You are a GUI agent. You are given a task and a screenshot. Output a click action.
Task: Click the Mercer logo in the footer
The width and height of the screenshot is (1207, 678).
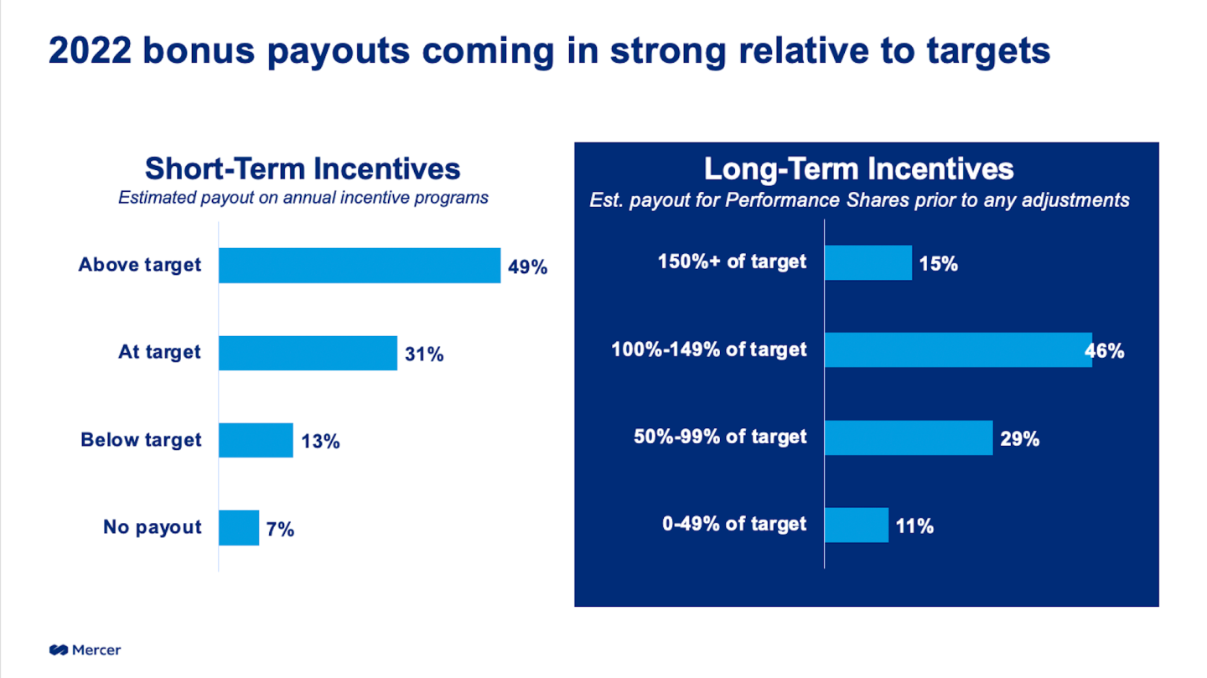pyautogui.click(x=85, y=650)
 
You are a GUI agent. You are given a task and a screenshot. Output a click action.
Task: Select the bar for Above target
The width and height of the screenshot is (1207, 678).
pyautogui.click(x=360, y=266)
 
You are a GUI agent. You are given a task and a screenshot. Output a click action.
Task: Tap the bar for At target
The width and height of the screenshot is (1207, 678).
pyautogui.click(x=308, y=353)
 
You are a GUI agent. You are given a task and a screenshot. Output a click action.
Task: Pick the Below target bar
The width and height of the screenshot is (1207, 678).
pyautogui.click(x=256, y=440)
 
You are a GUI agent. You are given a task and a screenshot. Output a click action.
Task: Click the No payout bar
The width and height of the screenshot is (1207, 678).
pyautogui.click(x=239, y=528)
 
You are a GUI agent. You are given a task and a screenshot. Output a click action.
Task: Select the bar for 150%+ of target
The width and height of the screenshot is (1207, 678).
pyautogui.click(x=868, y=263)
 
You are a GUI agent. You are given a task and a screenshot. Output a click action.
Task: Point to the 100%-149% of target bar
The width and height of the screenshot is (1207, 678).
pyautogui.click(x=957, y=350)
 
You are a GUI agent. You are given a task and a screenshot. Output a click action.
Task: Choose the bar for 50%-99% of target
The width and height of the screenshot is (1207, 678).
pyautogui.click(x=908, y=438)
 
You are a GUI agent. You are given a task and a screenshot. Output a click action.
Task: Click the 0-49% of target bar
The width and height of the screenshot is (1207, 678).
pyautogui.click(x=856, y=525)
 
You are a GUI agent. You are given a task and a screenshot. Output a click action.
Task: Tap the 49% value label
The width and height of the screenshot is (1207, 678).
pyautogui.click(x=527, y=267)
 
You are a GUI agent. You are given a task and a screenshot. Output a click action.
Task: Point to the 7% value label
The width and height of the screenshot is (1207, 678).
pyautogui.click(x=281, y=529)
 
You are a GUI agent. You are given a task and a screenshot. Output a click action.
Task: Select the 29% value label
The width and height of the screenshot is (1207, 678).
pyautogui.click(x=1019, y=439)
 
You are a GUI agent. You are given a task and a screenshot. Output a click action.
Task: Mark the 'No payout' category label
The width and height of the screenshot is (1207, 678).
pyautogui.click(x=153, y=527)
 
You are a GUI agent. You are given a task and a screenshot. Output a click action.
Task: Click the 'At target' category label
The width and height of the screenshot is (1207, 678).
pyautogui.click(x=159, y=352)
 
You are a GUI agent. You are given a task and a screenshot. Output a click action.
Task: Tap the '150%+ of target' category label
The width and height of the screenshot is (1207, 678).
pyautogui.click(x=733, y=261)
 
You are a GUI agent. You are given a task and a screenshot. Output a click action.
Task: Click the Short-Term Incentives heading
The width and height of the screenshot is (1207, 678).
pyautogui.click(x=303, y=168)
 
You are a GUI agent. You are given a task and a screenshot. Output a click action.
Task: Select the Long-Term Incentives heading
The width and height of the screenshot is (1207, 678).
pyautogui.click(x=858, y=169)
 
